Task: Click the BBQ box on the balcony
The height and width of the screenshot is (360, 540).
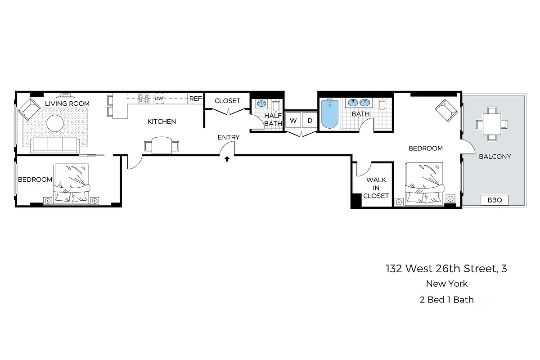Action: (495, 200)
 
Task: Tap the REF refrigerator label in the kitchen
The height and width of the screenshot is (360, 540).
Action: (195, 99)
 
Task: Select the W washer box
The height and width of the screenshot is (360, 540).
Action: (293, 121)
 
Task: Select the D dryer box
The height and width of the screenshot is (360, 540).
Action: (310, 121)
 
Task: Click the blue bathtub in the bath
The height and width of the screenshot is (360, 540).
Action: (330, 114)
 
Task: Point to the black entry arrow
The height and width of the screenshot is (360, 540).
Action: (227, 158)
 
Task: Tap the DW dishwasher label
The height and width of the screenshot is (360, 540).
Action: (159, 98)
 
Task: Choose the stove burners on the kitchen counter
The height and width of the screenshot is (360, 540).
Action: (144, 98)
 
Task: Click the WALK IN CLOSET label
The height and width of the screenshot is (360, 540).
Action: (376, 188)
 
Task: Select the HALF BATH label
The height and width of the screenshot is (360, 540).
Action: (273, 119)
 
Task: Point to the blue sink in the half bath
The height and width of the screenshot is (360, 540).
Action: (261, 104)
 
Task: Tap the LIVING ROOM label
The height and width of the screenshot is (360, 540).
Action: (67, 103)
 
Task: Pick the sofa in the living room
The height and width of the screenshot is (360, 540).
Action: (54, 144)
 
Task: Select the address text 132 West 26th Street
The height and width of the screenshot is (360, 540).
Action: (446, 269)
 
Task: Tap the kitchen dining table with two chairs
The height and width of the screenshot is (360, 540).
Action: (162, 145)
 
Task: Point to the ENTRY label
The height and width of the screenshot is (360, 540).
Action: (229, 137)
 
